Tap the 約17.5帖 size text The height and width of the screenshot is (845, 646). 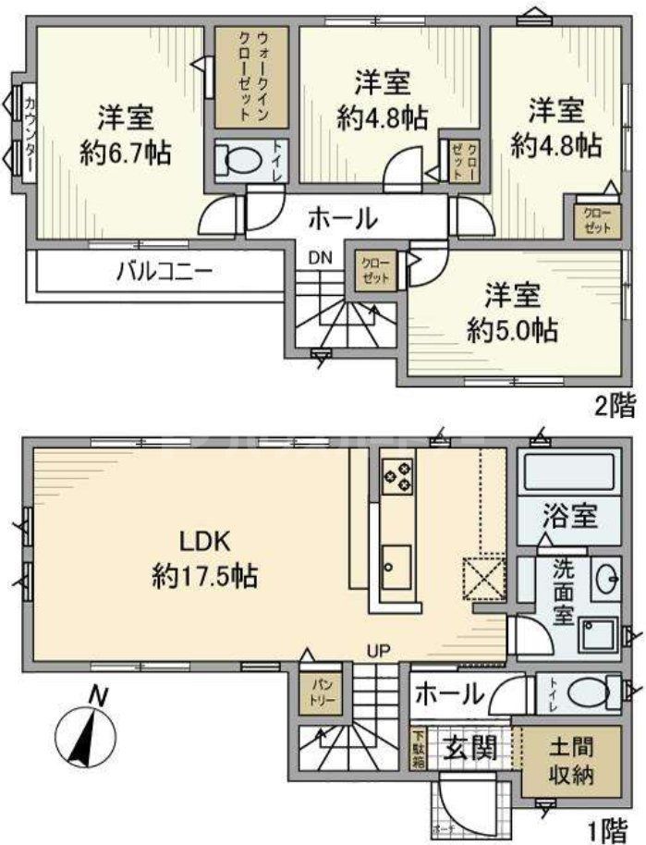click(x=204, y=578)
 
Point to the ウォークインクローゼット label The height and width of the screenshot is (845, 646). click(x=252, y=77)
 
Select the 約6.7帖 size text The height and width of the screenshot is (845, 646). click(x=127, y=153)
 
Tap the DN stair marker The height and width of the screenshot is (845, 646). click(x=320, y=258)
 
